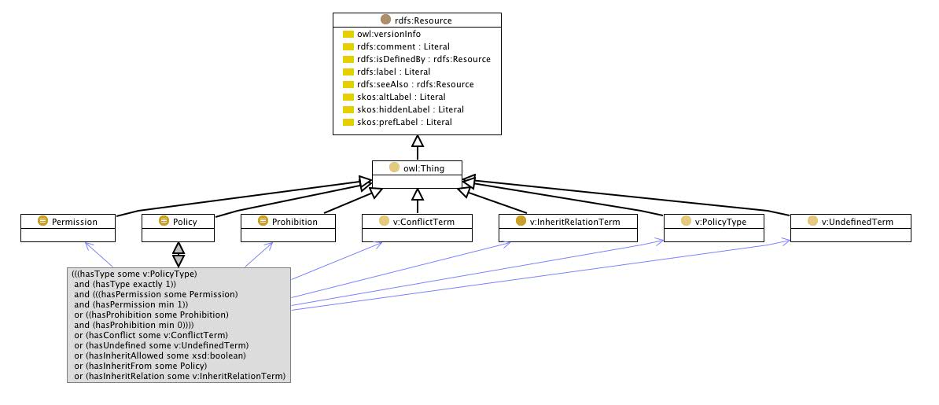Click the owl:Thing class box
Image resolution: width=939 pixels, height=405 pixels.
pos(418,174)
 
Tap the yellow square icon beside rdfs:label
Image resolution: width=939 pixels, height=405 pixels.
pos(348,72)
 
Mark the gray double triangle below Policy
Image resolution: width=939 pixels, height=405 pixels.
pos(179,254)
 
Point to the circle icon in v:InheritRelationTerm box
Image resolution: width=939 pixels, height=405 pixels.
pos(521,221)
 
